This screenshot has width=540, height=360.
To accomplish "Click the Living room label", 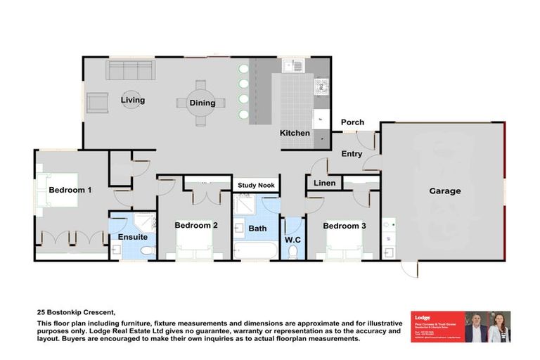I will pyautogui.click(x=132, y=101).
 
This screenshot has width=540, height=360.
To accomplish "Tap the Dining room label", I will pyautogui.click(x=202, y=103).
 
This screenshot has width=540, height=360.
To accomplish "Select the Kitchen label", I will pyautogui.click(x=295, y=133).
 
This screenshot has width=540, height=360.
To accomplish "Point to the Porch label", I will pyautogui.click(x=352, y=122).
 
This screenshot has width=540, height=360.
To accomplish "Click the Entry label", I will pyautogui.click(x=352, y=154).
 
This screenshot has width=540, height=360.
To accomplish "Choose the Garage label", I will pyautogui.click(x=445, y=191).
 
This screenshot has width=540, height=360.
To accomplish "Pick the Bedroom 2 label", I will pyautogui.click(x=196, y=226).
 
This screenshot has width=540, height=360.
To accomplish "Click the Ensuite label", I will pyautogui.click(x=132, y=238).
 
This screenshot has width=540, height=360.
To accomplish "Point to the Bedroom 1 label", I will pyautogui.click(x=70, y=190).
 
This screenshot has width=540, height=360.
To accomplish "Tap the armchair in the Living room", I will pyautogui.click(x=97, y=103).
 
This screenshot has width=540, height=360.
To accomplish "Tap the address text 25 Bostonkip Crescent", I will pyautogui.click(x=75, y=311).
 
